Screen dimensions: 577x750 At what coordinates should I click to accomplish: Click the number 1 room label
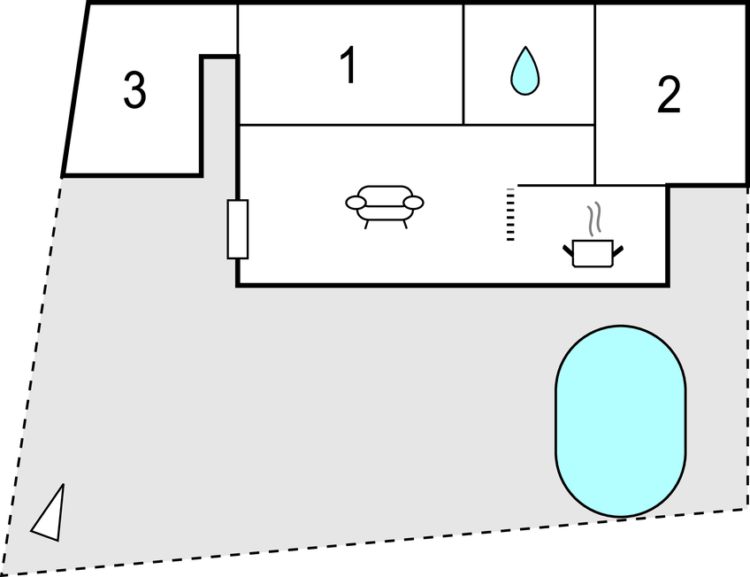pyautogui.click(x=349, y=66)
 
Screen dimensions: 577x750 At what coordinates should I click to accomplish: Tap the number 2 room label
pyautogui.click(x=670, y=96)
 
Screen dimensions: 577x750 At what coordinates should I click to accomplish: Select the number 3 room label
pyautogui.click(x=134, y=91)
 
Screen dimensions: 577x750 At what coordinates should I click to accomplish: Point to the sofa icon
pyautogui.click(x=384, y=204)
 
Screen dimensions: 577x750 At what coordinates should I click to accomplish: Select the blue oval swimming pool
pyautogui.click(x=621, y=420)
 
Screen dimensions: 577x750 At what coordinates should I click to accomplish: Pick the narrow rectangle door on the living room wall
pyautogui.click(x=237, y=229)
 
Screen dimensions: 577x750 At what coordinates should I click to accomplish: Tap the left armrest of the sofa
pyautogui.click(x=356, y=204)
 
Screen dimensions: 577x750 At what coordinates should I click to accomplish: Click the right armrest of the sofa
pyautogui.click(x=413, y=204)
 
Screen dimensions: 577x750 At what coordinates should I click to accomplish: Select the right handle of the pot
pyautogui.click(x=619, y=251)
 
